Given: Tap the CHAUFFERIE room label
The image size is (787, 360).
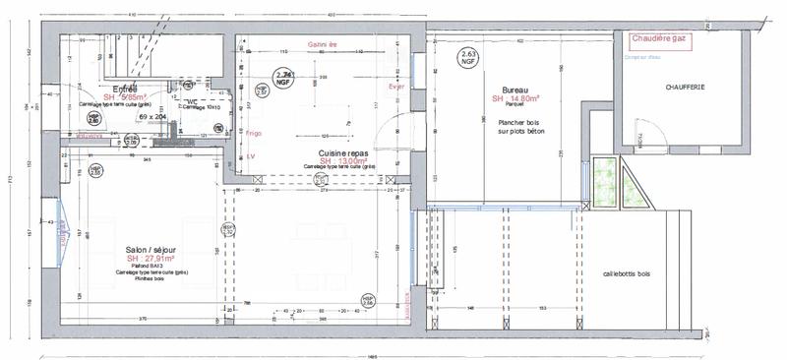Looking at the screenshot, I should coord(683,87).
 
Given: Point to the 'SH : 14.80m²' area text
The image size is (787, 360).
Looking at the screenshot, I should coord(517,98).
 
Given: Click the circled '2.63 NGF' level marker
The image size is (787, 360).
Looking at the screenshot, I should coord(469,56).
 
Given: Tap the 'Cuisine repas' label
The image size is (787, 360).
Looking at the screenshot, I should coord(342,153).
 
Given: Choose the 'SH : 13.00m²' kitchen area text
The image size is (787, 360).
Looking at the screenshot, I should coord(342,161).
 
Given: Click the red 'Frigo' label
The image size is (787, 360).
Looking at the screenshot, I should coord(254,132).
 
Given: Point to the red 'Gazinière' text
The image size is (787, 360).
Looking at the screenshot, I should coord(322,44).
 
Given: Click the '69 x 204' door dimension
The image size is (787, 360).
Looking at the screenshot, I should coord(153,116).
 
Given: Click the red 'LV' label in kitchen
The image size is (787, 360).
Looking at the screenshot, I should coord(251,155).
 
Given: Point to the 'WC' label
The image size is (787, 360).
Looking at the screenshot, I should coord(192,100).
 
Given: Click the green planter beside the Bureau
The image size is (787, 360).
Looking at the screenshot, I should coord(602,183).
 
